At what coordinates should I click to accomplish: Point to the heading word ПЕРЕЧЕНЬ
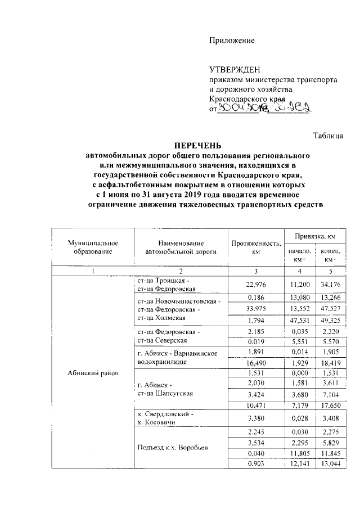[197, 145]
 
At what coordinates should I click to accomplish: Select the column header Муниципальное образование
[92, 247]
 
